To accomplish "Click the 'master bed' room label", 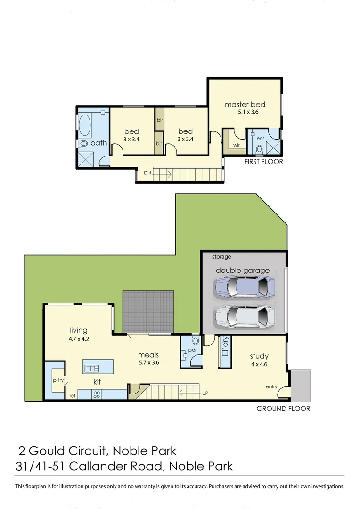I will tap(245, 104).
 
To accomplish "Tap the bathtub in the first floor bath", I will tap(85, 126).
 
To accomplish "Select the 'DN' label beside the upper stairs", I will tap(147, 173).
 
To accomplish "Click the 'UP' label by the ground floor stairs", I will tap(205, 393).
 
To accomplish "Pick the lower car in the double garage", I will tap(244, 316).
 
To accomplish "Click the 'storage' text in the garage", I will tap(221, 257).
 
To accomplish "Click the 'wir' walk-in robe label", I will tap(237, 145).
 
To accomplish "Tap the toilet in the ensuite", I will tap(259, 149).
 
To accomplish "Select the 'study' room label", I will tap(259, 356).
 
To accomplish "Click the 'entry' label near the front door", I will tap(271, 386).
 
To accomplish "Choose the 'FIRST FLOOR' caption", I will tap(263, 162).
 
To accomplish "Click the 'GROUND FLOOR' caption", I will tap(283, 409).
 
